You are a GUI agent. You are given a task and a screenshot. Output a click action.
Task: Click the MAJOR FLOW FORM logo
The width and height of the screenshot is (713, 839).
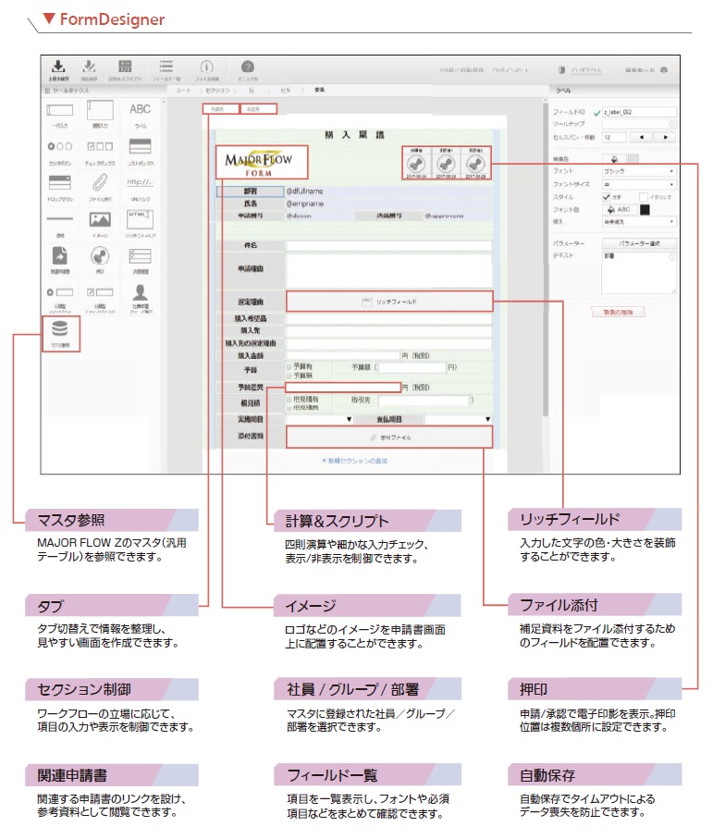257,164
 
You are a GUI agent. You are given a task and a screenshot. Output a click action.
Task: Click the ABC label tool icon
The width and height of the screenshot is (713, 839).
140,110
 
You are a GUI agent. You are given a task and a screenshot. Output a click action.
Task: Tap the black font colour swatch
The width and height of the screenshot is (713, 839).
645,209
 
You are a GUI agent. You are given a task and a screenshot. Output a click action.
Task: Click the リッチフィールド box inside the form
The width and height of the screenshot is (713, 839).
389,302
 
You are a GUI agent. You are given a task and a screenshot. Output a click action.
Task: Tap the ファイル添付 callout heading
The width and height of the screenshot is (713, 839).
559,606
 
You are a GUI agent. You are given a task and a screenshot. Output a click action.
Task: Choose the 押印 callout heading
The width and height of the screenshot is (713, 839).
532,690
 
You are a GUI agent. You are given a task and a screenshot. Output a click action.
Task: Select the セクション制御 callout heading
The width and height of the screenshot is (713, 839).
84,690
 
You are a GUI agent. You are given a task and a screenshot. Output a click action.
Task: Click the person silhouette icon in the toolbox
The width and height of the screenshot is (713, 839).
140,292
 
